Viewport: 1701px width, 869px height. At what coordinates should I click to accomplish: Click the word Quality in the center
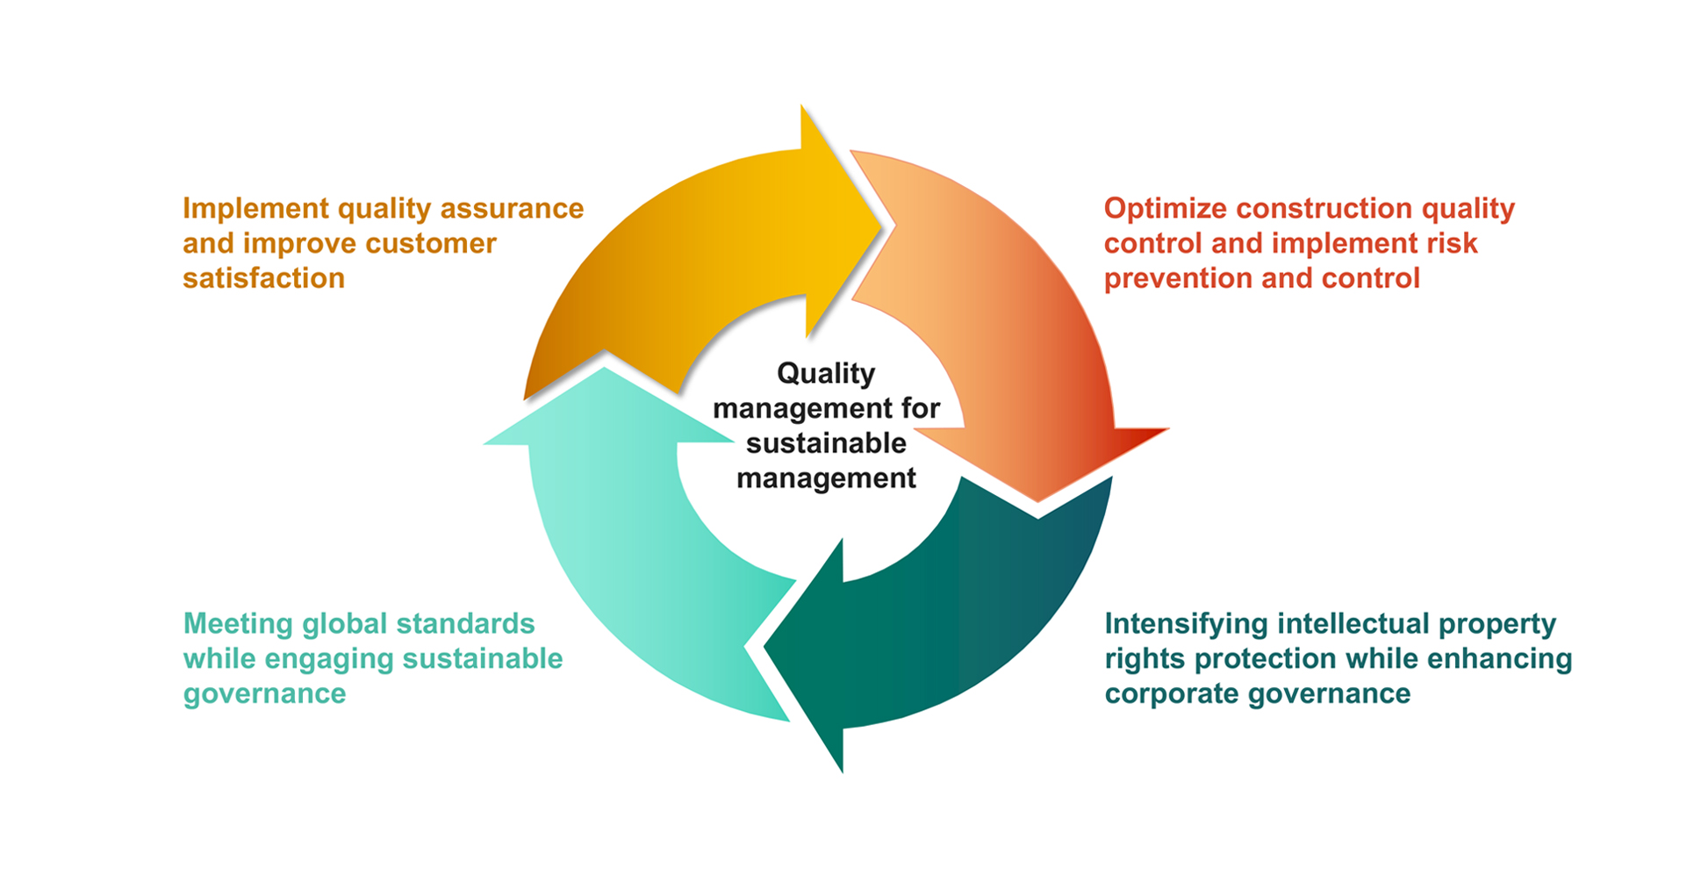pos(826,375)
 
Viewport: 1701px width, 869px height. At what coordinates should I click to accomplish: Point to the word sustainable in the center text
pos(826,443)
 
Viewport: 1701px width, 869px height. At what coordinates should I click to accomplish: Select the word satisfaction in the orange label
pos(263,278)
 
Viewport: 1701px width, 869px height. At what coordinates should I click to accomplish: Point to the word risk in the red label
pos(1452,243)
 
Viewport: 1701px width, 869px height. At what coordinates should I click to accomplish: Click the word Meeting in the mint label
pos(238,625)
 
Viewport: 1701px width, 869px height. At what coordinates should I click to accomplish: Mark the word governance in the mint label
pos(264,694)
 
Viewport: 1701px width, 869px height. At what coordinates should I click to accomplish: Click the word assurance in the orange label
pos(512,209)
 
